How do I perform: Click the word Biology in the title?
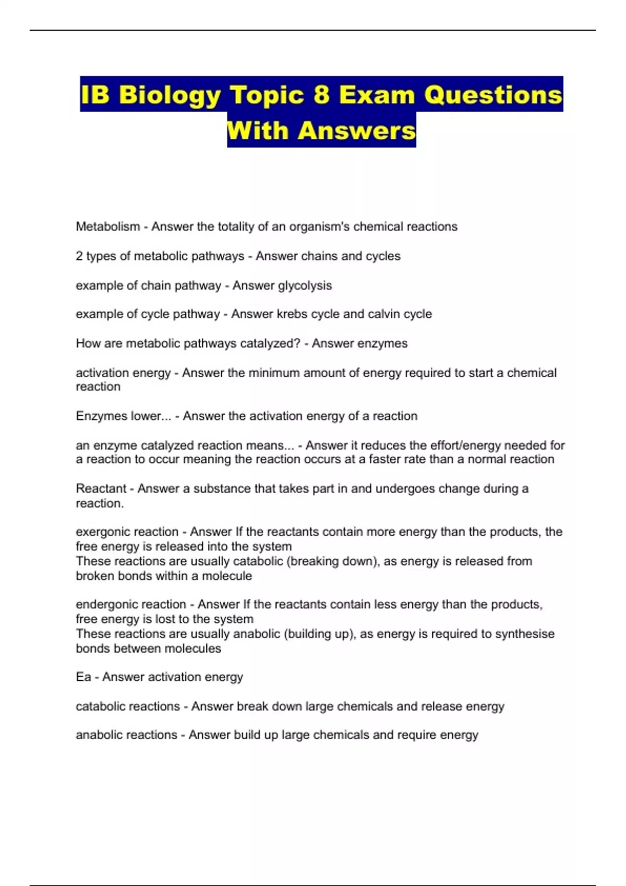click(x=170, y=95)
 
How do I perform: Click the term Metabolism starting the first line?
click(x=108, y=227)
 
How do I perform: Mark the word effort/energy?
click(x=458, y=446)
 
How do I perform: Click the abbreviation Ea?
click(x=83, y=677)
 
